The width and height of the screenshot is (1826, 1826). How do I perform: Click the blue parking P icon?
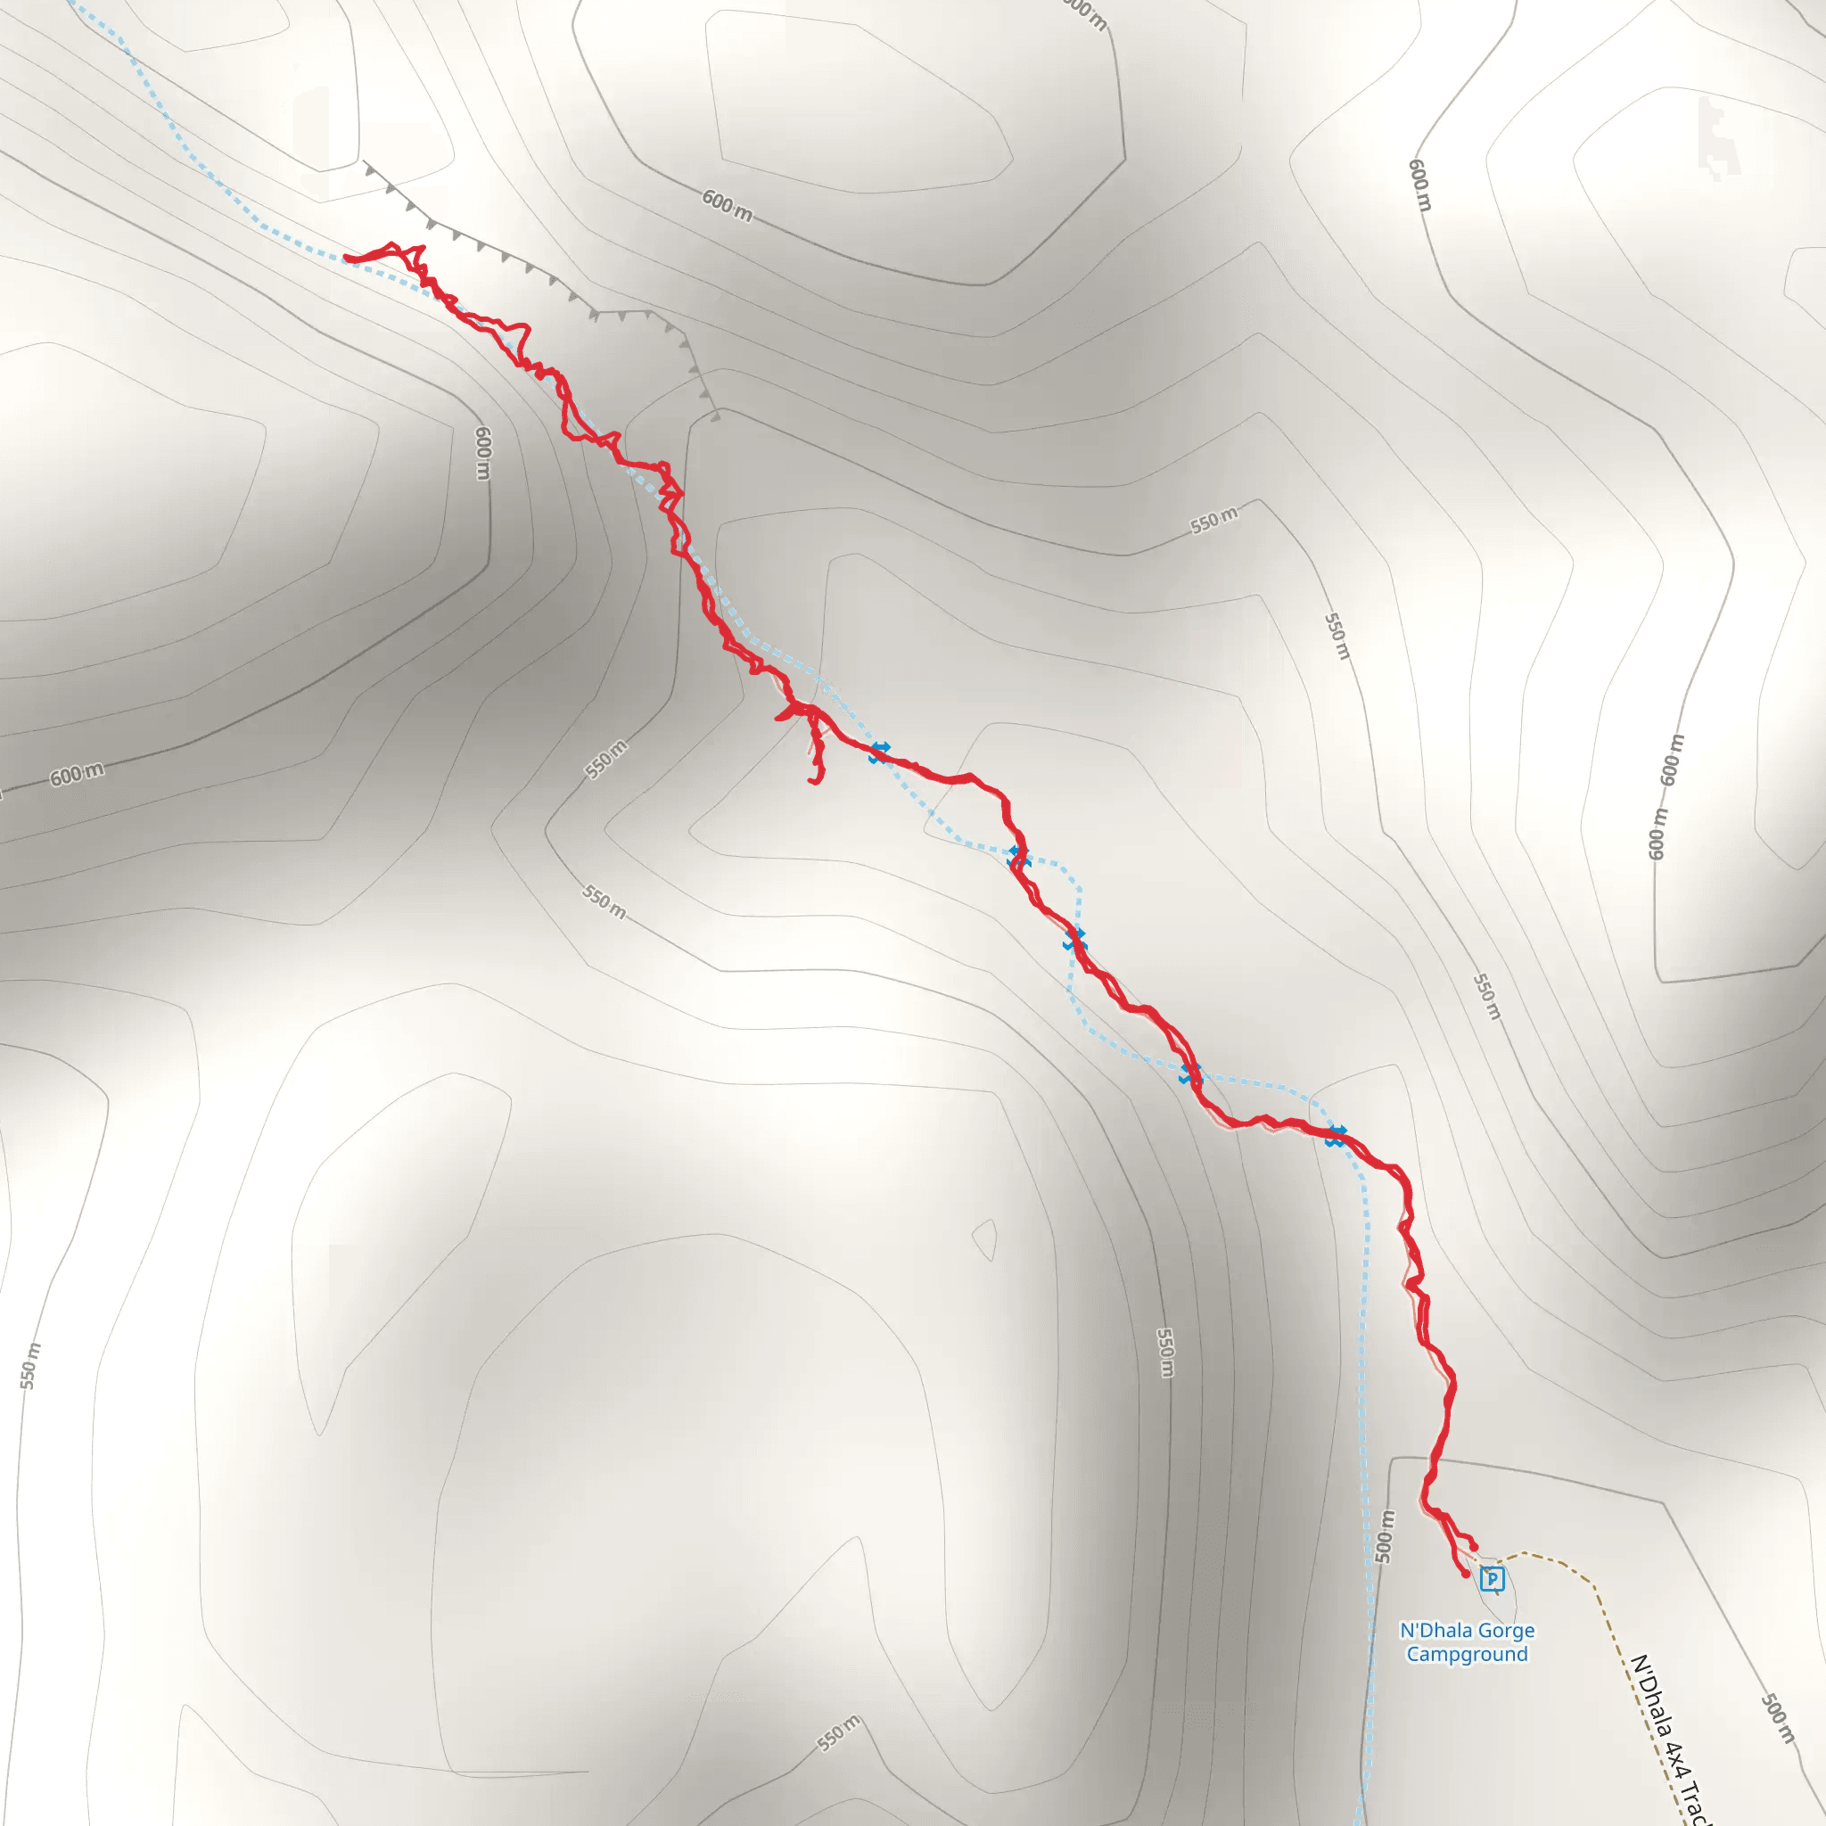(x=1492, y=1578)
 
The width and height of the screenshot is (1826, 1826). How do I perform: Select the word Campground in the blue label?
(x=1467, y=1654)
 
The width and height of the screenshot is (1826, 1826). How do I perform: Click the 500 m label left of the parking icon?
(x=1384, y=1537)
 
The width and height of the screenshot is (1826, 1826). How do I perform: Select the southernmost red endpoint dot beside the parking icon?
(x=1466, y=1575)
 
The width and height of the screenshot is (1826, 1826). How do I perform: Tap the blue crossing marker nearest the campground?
(x=1335, y=1136)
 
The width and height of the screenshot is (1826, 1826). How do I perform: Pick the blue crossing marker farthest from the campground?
(x=880, y=753)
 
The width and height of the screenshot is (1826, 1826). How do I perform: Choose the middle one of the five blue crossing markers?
(x=1073, y=940)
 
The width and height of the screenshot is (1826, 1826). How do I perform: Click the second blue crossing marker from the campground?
(x=1190, y=1073)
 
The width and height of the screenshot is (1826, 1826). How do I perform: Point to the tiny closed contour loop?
(x=985, y=1238)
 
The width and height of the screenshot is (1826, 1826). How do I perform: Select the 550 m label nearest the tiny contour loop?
(x=1165, y=1353)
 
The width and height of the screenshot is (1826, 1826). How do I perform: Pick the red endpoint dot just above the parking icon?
(x=1474, y=1547)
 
